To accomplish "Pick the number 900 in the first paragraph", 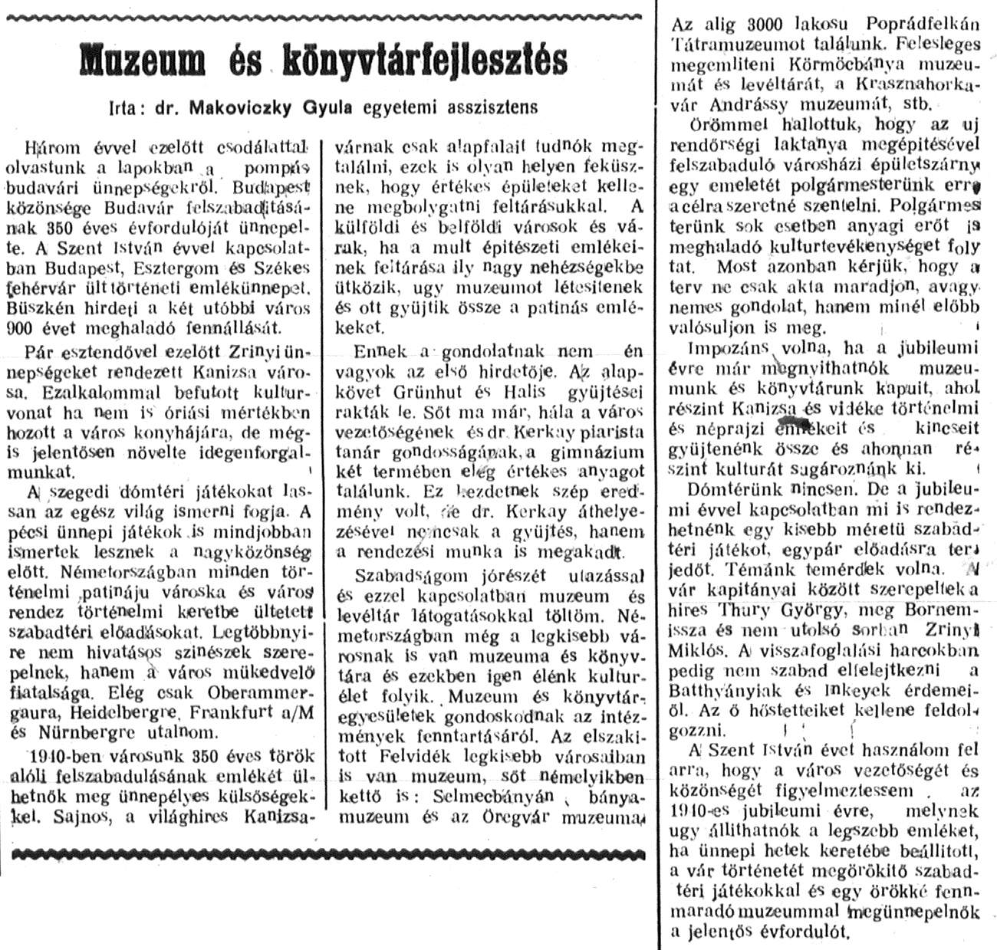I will (38, 328).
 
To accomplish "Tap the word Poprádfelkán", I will (907, 25).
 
